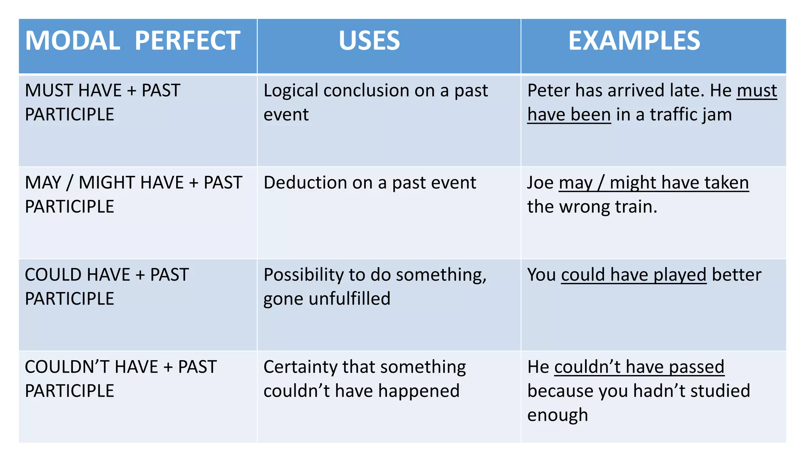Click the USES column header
coord(369,41)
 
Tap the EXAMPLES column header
coord(634,41)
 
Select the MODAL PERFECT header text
coord(132,41)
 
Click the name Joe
coord(540,183)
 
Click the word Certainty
coord(300,367)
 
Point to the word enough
coord(558,415)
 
